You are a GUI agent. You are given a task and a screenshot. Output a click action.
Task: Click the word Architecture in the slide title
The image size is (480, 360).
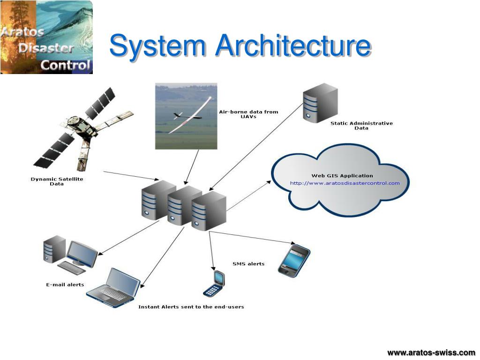(292, 47)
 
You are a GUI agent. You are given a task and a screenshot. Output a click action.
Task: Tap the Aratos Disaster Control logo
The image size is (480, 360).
(46, 37)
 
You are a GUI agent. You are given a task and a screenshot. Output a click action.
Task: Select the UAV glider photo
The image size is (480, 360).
(186, 116)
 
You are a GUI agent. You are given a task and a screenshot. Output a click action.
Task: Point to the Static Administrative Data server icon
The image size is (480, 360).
(320, 103)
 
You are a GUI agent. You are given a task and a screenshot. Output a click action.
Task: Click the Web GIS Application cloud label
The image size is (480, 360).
(342, 176)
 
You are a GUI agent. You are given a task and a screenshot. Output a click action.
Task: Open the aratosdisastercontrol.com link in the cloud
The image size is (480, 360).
(345, 183)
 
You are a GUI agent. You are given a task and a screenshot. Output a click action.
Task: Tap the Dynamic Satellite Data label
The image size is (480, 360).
(57, 181)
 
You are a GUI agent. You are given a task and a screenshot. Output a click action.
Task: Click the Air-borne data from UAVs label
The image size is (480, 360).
(248, 114)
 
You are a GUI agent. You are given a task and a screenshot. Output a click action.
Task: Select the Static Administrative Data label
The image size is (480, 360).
(361, 126)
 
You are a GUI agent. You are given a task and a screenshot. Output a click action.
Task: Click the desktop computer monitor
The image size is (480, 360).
(82, 254)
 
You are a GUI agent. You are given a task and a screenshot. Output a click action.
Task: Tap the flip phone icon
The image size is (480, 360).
(214, 284)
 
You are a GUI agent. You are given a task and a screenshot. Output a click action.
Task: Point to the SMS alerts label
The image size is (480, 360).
(248, 264)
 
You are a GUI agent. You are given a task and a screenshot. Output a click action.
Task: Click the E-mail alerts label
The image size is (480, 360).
(65, 285)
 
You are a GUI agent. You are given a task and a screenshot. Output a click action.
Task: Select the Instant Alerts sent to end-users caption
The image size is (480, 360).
(191, 307)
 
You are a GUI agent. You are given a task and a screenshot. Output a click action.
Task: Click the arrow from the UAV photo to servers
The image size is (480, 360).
(192, 166)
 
